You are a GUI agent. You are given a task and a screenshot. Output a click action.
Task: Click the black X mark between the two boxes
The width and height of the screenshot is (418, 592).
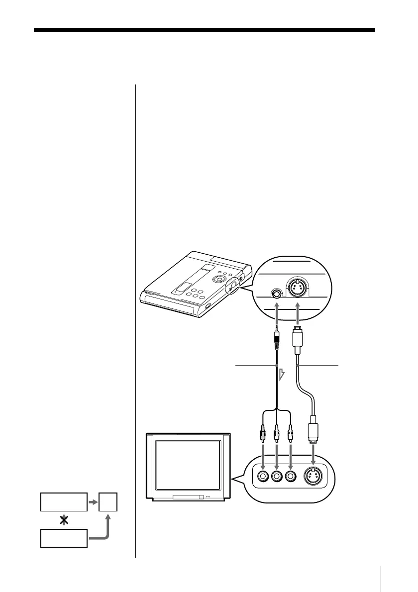point(63,519)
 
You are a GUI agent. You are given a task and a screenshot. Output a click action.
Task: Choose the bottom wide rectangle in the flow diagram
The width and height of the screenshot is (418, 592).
point(64,538)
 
